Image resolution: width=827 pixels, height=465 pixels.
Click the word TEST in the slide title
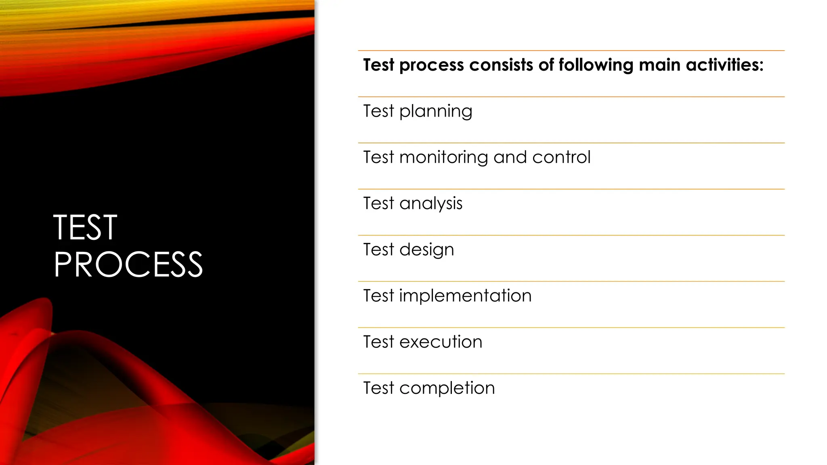[85, 228]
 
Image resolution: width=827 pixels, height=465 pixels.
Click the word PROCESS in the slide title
[128, 265]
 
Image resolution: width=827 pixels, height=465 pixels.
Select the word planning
[436, 112]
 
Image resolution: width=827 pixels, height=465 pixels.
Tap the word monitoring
[443, 158]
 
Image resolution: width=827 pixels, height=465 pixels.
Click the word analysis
[431, 204]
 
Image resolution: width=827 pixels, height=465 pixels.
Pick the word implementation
[465, 296]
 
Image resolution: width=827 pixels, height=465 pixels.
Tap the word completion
[447, 389]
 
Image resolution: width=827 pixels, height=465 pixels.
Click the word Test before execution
[378, 342]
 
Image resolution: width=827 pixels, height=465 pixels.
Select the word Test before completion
[378, 388]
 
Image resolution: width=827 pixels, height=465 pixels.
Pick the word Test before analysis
[378, 203]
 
